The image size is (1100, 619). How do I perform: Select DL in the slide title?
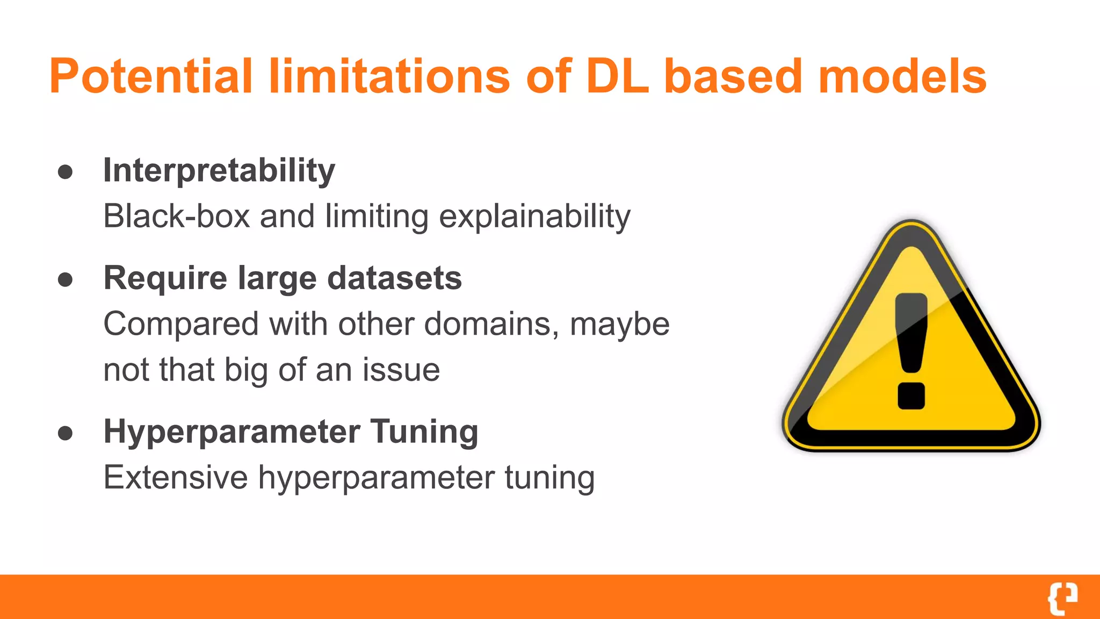coord(617,76)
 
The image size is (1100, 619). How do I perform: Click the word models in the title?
coord(902,76)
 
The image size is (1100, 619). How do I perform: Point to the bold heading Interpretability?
coord(219,171)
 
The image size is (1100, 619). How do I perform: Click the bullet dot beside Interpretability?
coord(66,172)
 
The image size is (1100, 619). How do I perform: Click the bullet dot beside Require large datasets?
coord(66,279)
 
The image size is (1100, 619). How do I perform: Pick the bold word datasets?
coord(394,278)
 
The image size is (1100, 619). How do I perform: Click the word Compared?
coord(181,325)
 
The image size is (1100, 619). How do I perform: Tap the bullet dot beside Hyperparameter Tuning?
coord(66,433)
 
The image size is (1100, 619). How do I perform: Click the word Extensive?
coord(176,477)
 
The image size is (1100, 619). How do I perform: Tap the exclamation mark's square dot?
coord(911,396)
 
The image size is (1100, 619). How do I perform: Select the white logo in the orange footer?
coord(1062,598)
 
